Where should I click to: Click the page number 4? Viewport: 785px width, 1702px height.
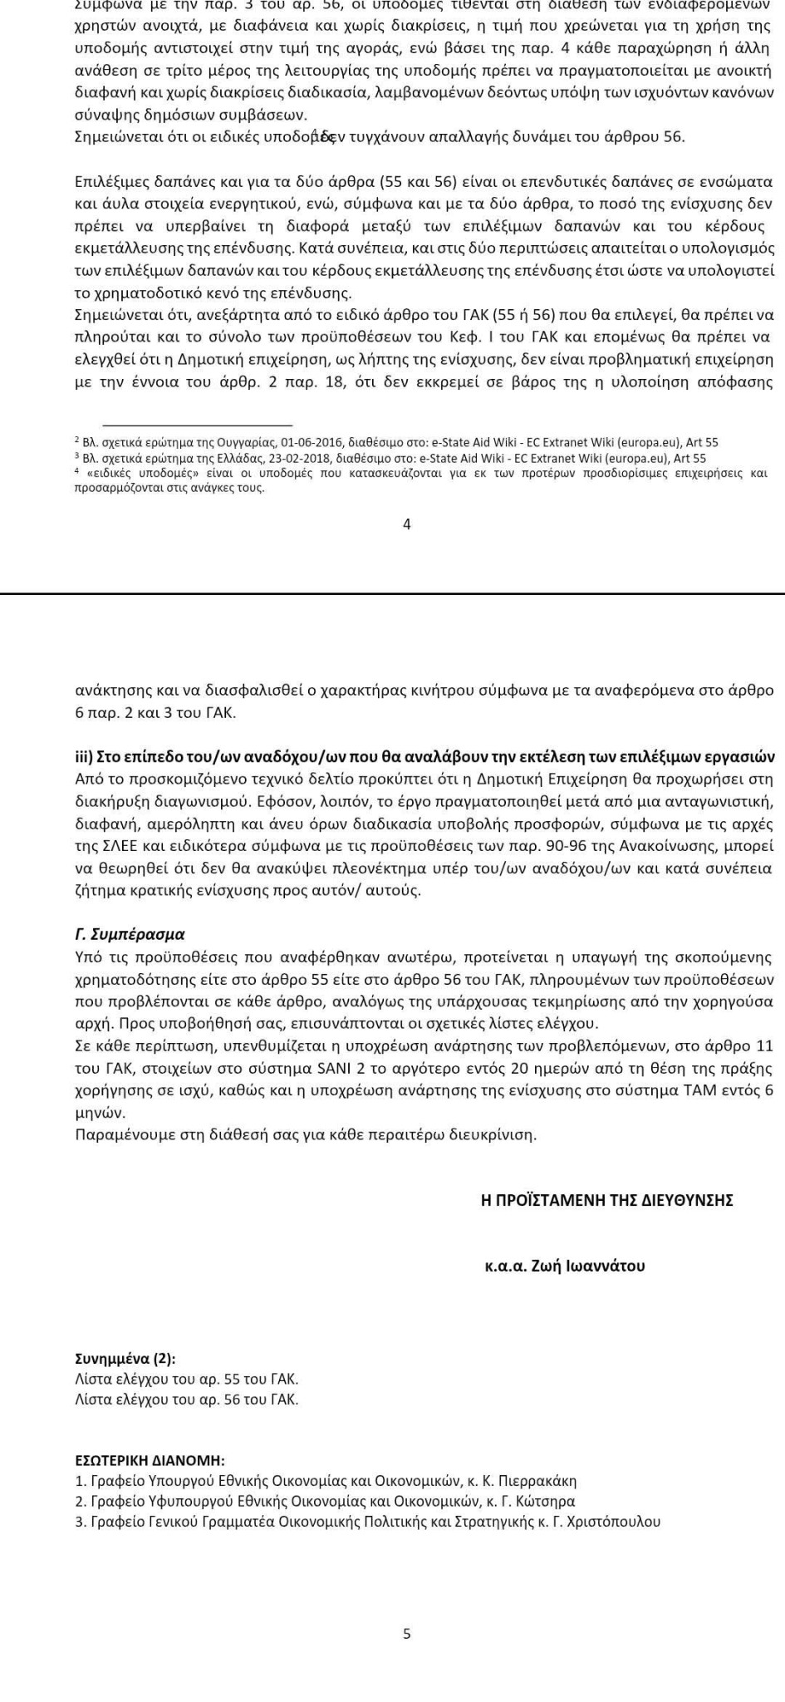406,524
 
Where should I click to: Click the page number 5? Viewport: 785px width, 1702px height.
406,1634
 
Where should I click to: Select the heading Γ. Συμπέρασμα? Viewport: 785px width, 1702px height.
130,934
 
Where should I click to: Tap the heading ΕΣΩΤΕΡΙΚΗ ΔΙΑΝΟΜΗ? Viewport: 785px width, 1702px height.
150,1460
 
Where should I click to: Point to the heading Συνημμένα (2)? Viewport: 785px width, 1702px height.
125,1359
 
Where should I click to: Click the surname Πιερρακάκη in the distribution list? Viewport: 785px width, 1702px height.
539,1481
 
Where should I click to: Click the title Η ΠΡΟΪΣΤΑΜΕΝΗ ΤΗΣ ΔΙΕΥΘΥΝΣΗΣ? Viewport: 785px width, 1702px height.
606,1200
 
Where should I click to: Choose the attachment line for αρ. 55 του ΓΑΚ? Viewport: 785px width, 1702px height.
186,1380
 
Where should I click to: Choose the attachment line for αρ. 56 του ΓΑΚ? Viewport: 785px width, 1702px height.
186,1399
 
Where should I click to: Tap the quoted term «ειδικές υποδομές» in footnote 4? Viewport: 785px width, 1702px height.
139,474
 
